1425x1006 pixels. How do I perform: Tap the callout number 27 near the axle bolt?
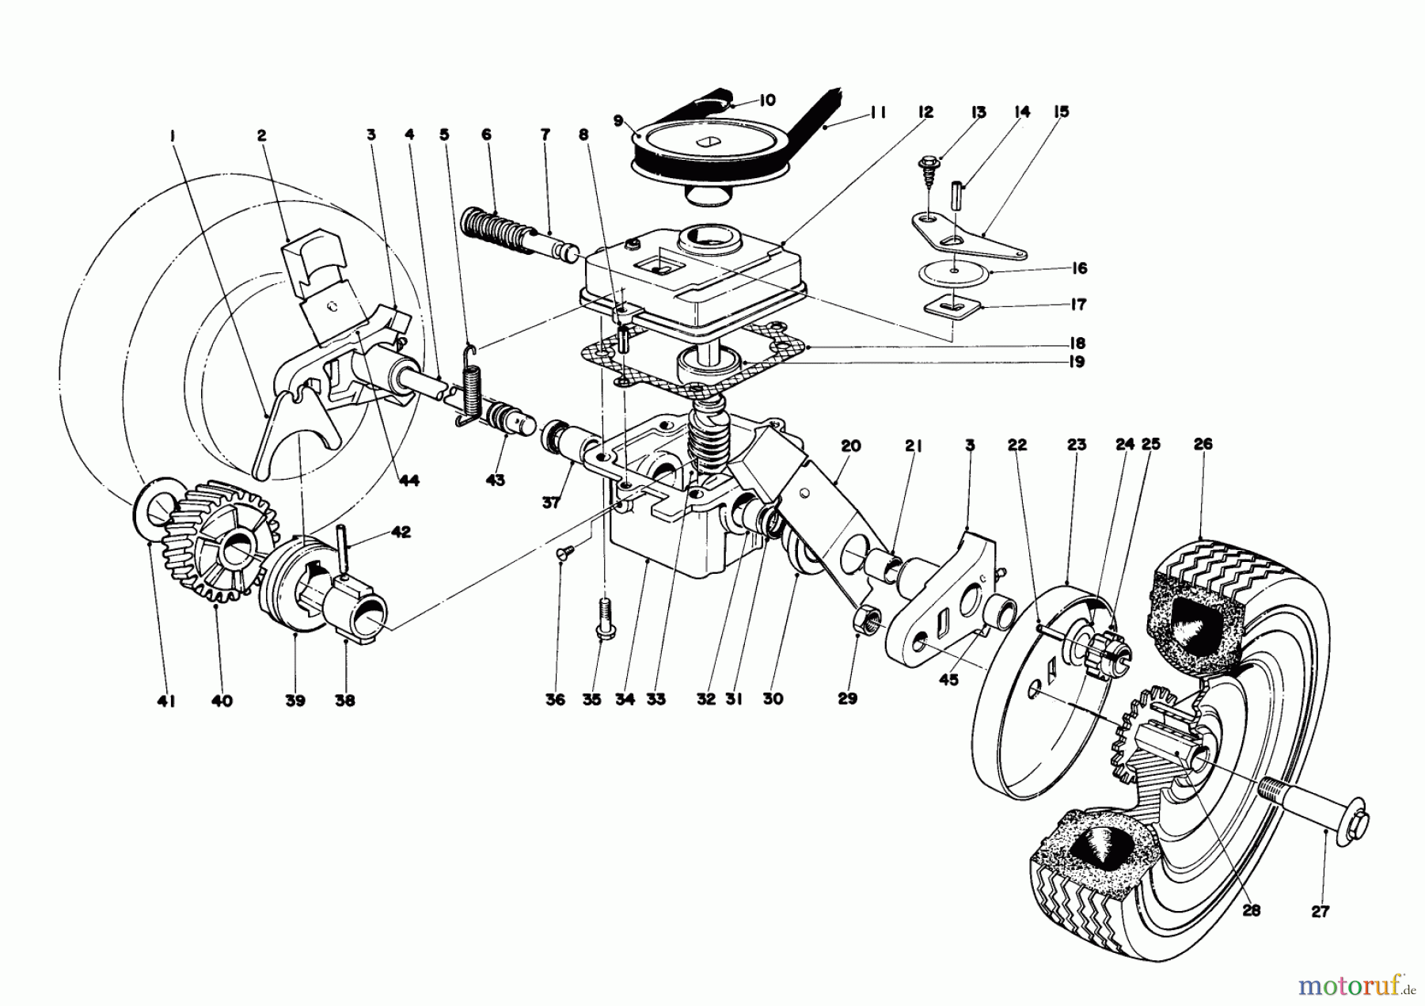(x=1319, y=911)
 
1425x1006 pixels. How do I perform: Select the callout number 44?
(x=410, y=480)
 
